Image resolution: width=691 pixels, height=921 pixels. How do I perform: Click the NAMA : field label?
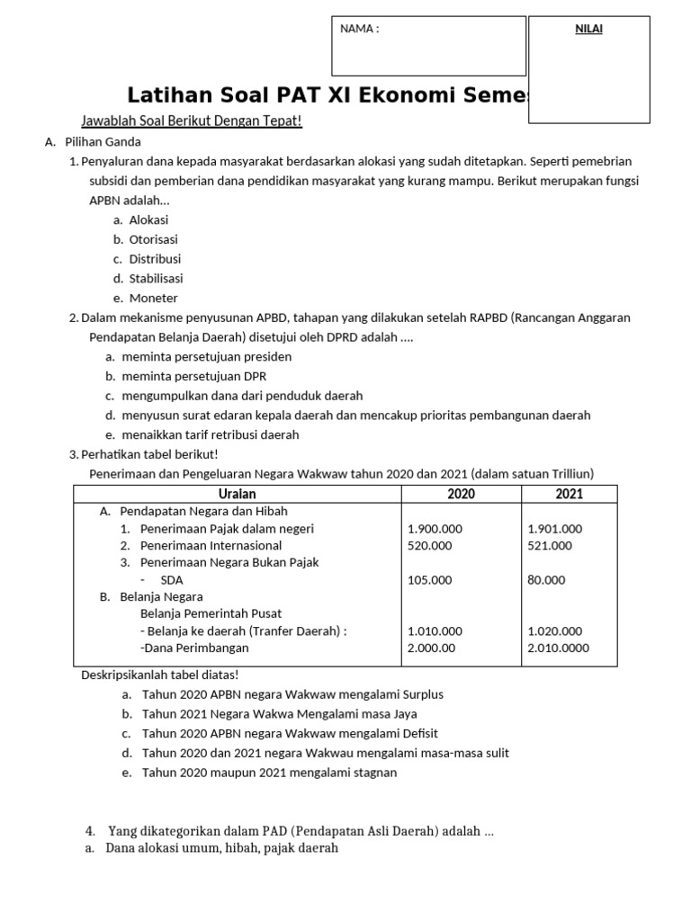(x=359, y=29)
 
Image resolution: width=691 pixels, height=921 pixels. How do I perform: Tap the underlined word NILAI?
(x=589, y=29)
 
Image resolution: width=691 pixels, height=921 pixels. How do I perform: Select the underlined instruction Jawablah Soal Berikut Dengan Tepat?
(x=191, y=121)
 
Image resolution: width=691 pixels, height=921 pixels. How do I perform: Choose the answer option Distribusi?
(x=155, y=259)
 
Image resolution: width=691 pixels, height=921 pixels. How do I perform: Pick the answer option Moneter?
(x=153, y=298)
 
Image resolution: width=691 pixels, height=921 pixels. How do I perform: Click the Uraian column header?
(x=237, y=494)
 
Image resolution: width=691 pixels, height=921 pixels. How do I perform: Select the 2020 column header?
(x=461, y=494)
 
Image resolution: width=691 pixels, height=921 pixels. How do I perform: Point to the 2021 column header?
(x=569, y=494)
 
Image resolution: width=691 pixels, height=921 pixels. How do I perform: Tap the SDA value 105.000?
(x=430, y=580)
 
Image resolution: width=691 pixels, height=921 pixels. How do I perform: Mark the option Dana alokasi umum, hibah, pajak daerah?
(x=221, y=848)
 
